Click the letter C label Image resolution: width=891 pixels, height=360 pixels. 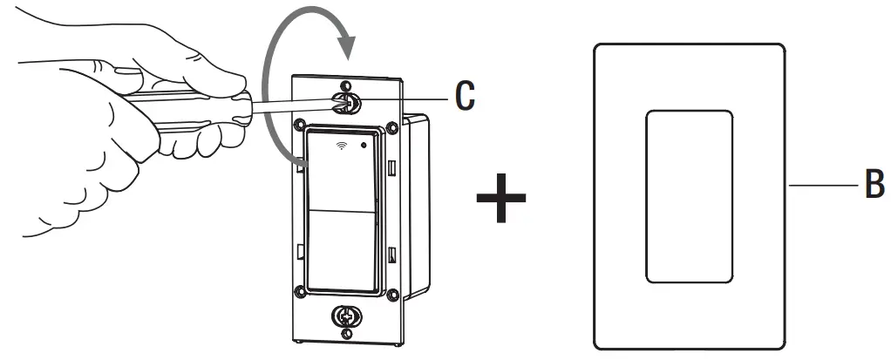coord(466,96)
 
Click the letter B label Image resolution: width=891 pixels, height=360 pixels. coord(874,184)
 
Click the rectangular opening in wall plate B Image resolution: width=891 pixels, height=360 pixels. coord(689,196)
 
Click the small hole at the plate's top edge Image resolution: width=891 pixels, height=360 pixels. coord(347,85)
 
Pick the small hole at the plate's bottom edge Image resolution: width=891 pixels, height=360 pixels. coord(346,332)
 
